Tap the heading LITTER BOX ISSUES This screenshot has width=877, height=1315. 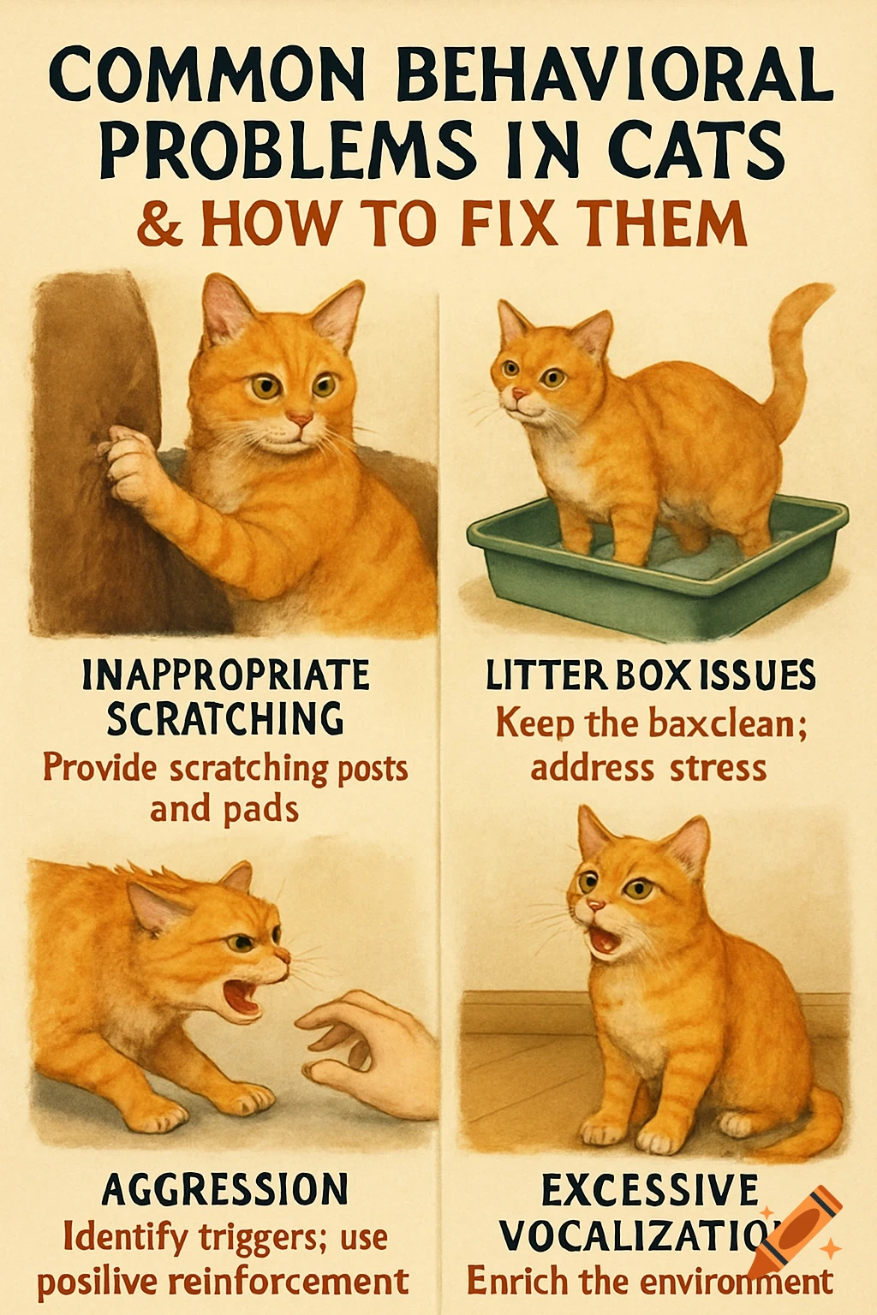[x=650, y=676]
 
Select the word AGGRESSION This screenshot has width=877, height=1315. [x=225, y=1190]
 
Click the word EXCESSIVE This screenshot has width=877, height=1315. [x=650, y=1191]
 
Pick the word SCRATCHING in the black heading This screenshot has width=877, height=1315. [x=225, y=719]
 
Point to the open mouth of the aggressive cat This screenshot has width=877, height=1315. [x=242, y=997]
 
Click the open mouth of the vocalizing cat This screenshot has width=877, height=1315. [x=605, y=939]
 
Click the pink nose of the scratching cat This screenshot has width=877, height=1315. [x=299, y=418]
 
